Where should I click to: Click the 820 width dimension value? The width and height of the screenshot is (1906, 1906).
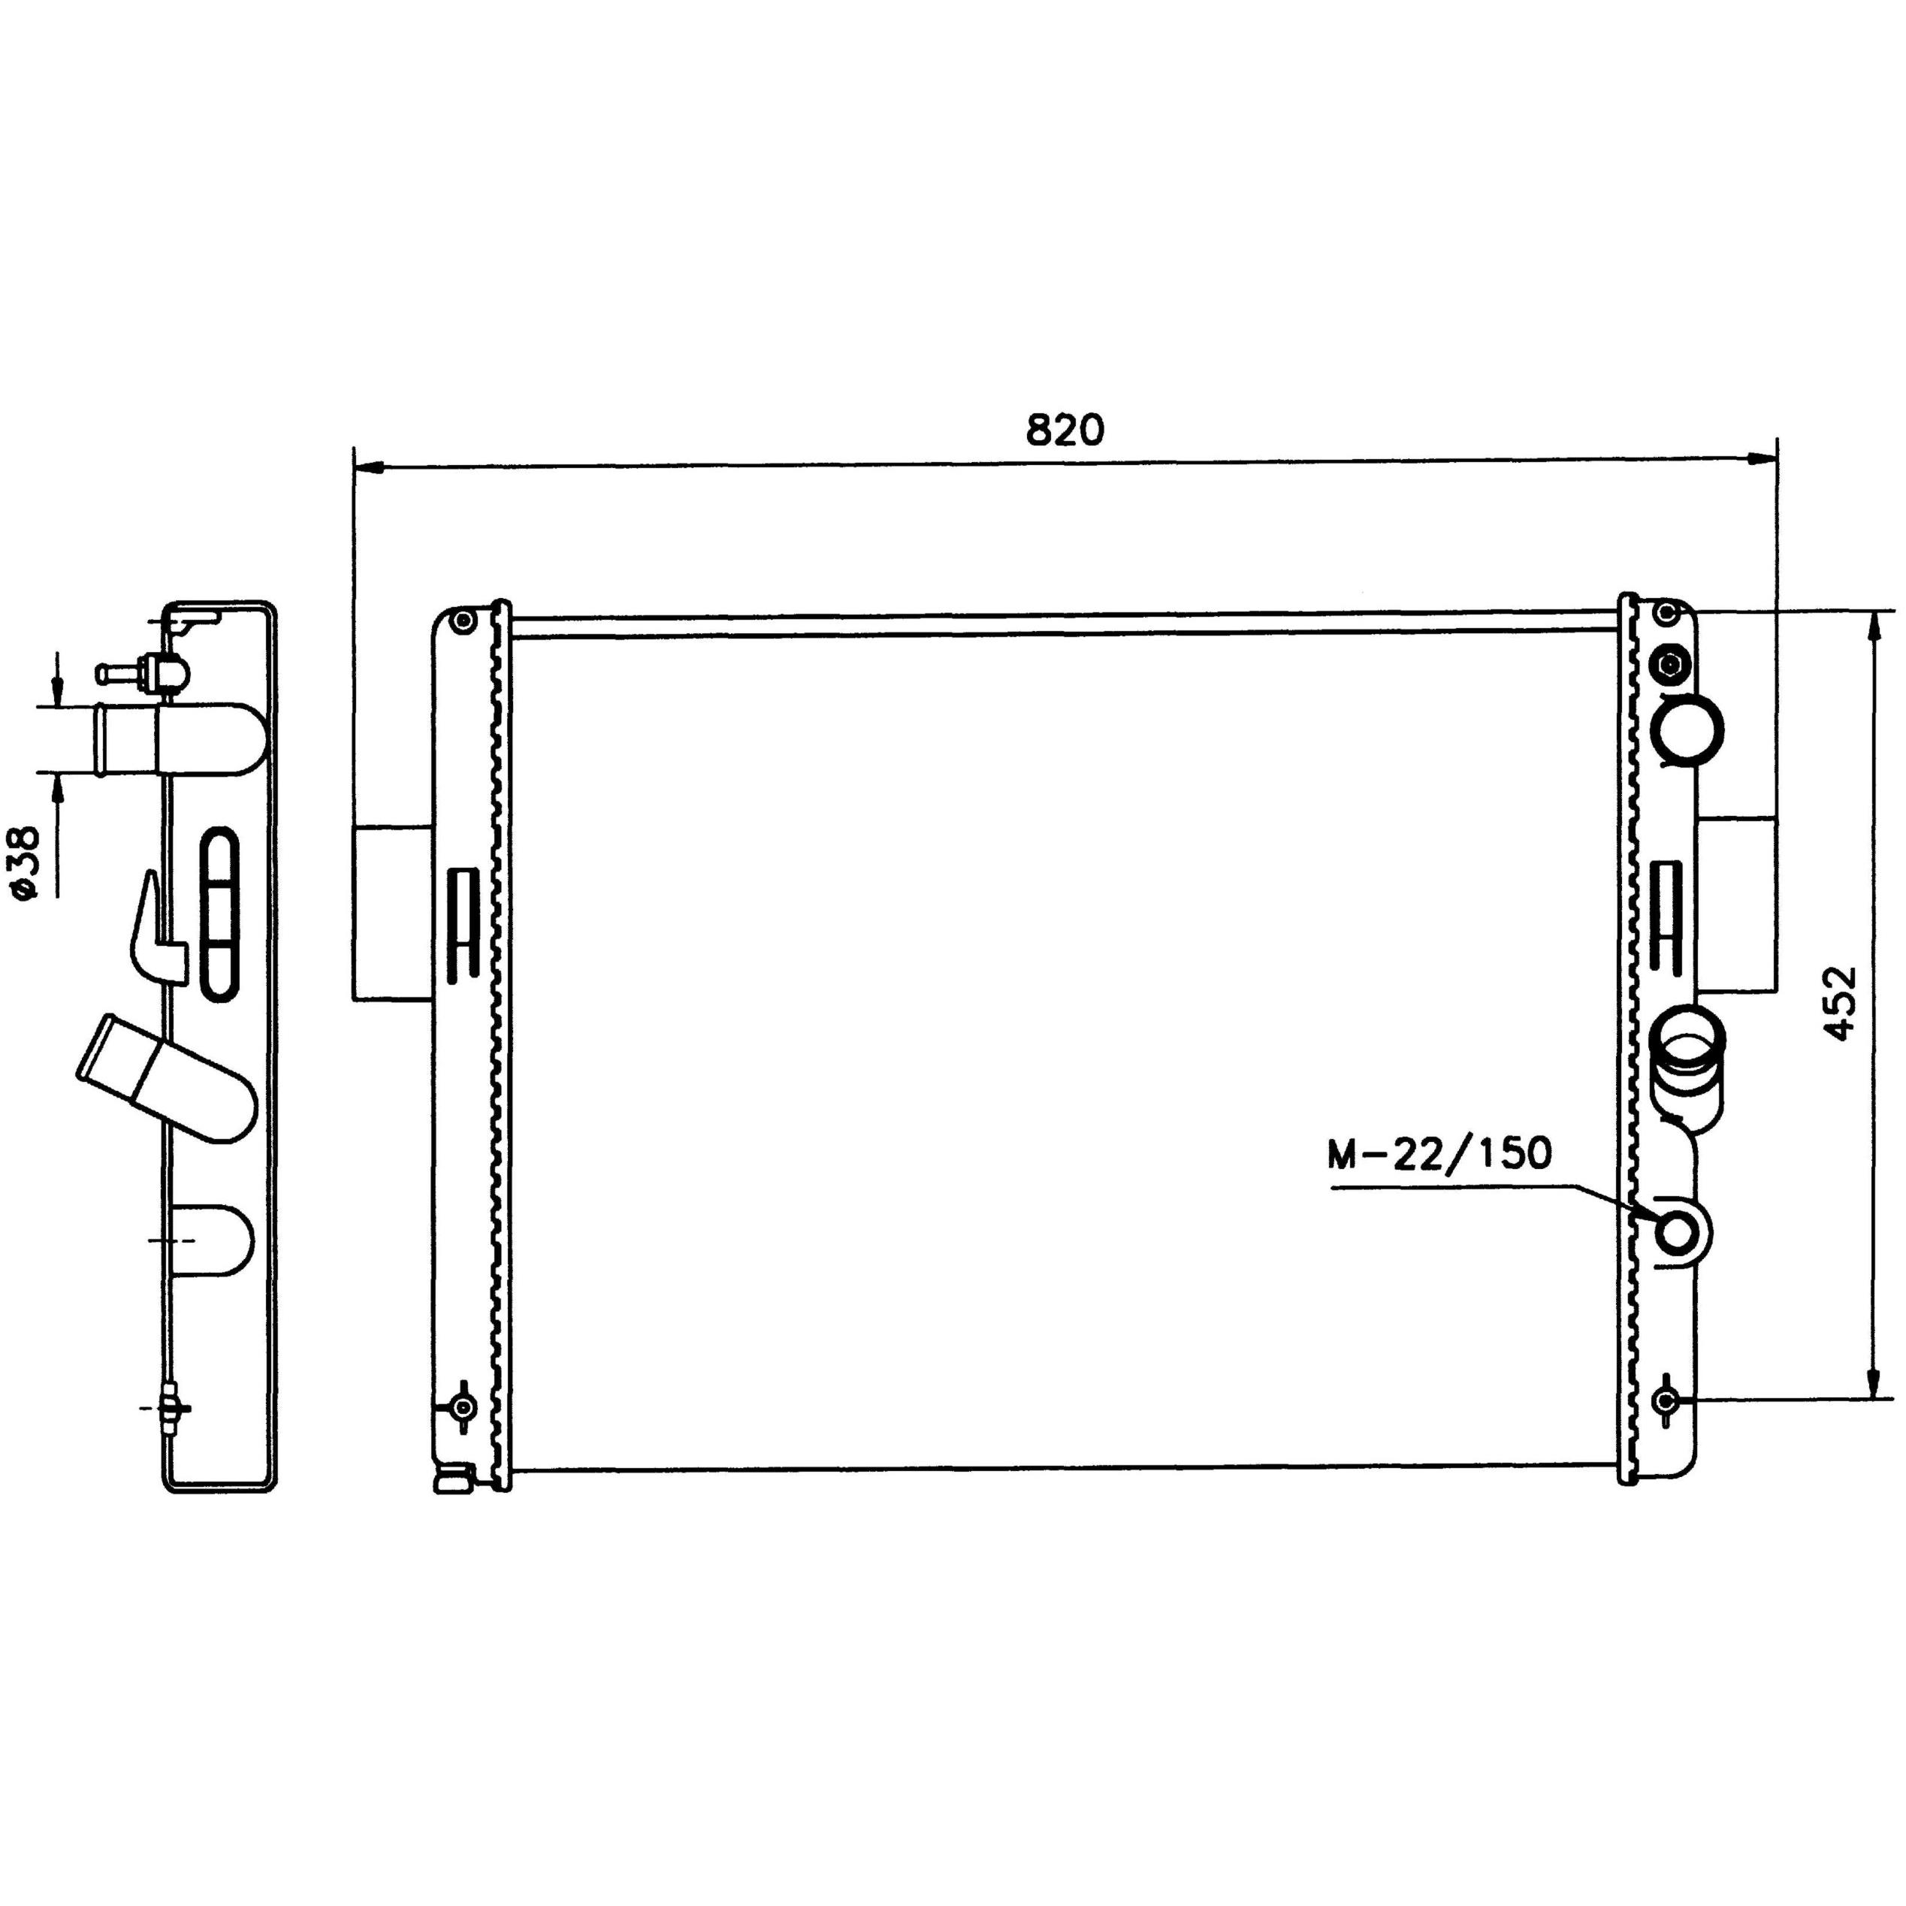(1065, 430)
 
